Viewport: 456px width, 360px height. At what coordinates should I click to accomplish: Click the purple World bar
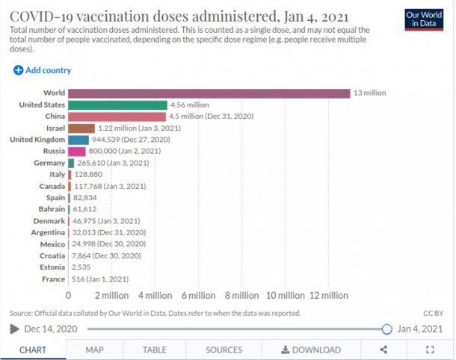[x=209, y=93]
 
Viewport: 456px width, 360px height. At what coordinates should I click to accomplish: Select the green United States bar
[x=117, y=105]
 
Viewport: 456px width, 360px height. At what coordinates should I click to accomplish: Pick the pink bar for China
[x=117, y=117]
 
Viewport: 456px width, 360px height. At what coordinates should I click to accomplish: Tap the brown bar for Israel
[x=81, y=128]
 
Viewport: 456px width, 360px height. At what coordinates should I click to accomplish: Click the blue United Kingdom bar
[x=78, y=140]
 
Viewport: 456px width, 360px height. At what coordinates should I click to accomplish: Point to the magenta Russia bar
[x=76, y=151]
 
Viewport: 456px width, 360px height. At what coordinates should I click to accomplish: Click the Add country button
[x=43, y=70]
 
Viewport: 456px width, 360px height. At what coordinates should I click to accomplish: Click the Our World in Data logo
[x=424, y=19]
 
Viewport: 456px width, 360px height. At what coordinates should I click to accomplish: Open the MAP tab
[x=94, y=350]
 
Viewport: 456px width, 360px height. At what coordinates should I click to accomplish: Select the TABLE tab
[x=155, y=350]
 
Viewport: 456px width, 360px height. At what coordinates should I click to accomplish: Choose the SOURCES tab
[x=224, y=350]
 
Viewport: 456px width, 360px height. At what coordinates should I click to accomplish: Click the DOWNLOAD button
[x=311, y=350]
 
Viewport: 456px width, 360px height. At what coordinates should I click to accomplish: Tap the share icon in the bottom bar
[x=383, y=350]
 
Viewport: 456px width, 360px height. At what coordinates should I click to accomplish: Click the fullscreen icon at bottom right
[x=430, y=350]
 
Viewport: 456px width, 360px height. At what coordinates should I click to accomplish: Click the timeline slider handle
[x=386, y=329]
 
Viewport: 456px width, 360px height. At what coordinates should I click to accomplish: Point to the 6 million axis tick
[x=199, y=296]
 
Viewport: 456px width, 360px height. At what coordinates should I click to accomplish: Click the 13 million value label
[x=369, y=93]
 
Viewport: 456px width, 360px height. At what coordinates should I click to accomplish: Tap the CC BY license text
[x=433, y=313]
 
